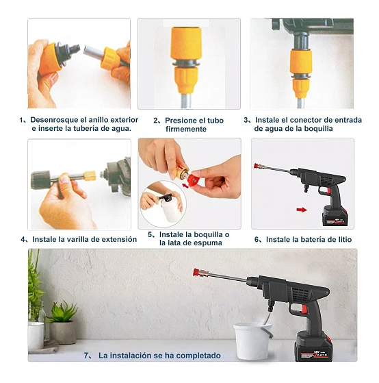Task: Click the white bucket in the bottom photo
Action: [x=252, y=341]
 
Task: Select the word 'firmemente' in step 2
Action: [x=186, y=129]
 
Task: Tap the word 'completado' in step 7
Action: [x=198, y=356]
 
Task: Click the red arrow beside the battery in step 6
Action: [x=302, y=210]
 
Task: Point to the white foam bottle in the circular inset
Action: [x=170, y=210]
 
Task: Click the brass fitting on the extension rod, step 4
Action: [x=90, y=175]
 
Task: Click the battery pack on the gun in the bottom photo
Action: [x=313, y=347]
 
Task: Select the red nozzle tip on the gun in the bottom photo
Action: [x=196, y=273]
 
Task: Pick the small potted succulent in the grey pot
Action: [x=63, y=323]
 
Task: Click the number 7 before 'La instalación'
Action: [x=87, y=356]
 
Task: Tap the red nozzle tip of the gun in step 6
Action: [x=257, y=166]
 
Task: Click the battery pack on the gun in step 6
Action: [x=335, y=217]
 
